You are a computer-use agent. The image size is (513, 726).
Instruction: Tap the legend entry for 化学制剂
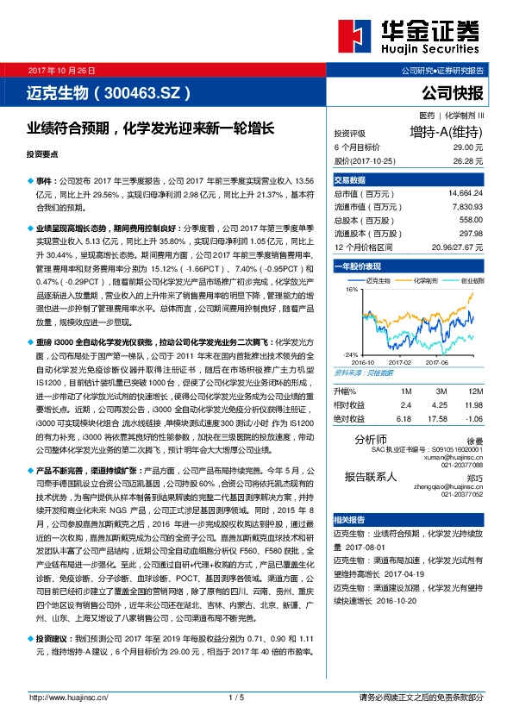[x=425, y=281]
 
